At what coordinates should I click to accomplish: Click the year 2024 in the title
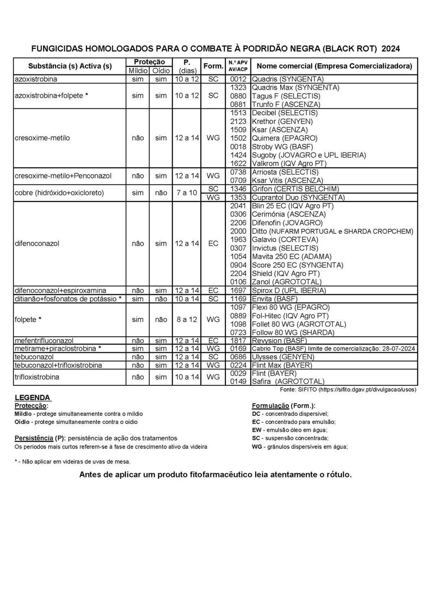[390, 49]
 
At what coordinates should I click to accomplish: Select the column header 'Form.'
[213, 66]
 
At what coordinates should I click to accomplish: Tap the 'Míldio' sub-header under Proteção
[138, 71]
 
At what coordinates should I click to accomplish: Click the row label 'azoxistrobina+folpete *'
[51, 96]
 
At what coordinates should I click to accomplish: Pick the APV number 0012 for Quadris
[238, 79]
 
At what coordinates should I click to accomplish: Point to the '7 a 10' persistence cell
[187, 193]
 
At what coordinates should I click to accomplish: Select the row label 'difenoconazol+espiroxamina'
[60, 290]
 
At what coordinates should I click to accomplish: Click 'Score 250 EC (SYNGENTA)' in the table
[298, 265]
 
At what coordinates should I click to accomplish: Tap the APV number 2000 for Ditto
[238, 231]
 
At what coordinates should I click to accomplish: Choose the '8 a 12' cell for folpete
[187, 320]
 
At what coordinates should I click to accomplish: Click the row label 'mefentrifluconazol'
[44, 341]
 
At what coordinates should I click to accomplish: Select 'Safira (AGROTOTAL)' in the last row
[288, 382]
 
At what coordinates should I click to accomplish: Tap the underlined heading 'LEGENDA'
[33, 398]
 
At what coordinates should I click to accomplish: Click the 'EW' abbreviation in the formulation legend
[257, 430]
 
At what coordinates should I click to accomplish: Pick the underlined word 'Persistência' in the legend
[34, 438]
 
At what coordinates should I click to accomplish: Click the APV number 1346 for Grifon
[238, 189]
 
